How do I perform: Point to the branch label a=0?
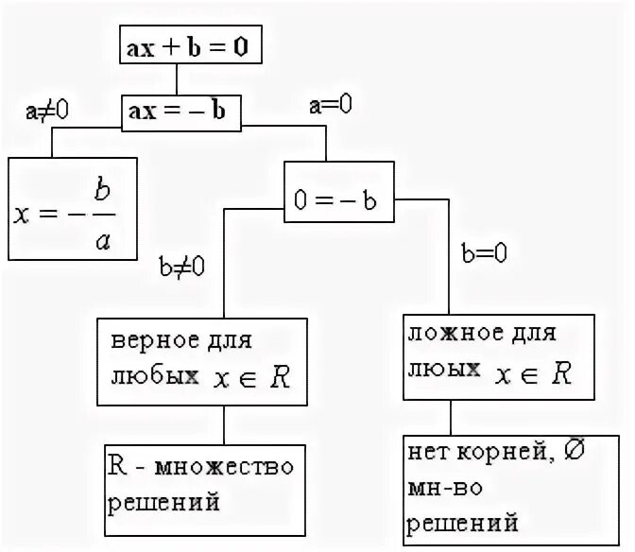tap(331, 106)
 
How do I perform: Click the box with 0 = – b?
tap(340, 199)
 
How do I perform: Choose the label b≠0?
tap(183, 267)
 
